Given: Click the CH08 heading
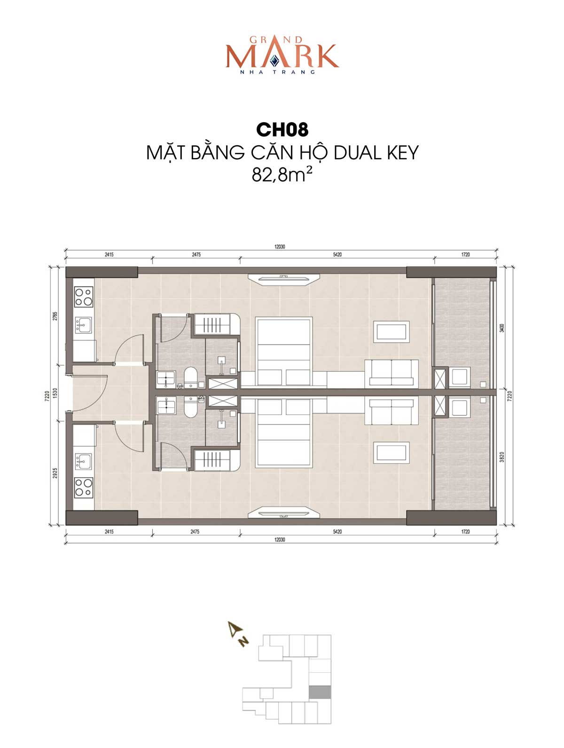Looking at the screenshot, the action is point(282,130).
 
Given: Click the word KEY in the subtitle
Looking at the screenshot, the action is point(402,153).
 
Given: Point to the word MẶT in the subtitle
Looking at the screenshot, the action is point(165,153).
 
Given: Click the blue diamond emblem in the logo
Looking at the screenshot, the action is point(274,61).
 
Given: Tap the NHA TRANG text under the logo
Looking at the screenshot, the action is point(278,72).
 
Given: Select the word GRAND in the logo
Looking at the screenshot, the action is point(276,40).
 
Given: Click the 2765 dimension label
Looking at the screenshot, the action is point(55,316).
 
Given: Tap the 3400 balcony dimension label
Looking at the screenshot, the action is point(501,328).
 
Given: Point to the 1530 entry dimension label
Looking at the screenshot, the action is point(55,393).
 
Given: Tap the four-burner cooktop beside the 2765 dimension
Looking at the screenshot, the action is point(84,297).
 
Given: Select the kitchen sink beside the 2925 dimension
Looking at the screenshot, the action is point(84,461).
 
